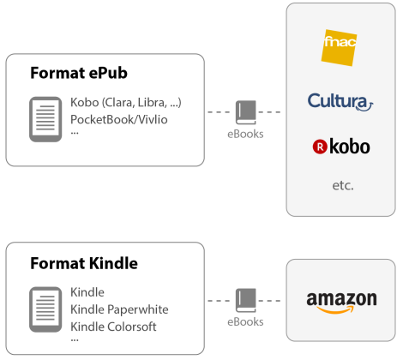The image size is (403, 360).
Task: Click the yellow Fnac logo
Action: coord(339,47)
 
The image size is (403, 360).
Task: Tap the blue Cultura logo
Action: coord(340,102)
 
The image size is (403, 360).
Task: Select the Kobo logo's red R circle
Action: coord(320,147)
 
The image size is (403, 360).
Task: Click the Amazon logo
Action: coord(341,303)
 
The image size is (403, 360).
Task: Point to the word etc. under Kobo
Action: coord(343,186)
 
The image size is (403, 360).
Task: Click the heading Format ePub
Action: coord(79,73)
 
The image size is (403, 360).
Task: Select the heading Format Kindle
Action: coord(84,263)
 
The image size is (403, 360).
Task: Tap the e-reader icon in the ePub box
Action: coord(45,119)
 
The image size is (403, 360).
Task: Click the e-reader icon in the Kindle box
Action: coord(45,309)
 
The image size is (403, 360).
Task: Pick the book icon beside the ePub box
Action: coord(246,112)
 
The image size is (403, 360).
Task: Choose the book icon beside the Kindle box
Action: coord(246,300)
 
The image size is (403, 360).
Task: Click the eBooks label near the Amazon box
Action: coord(245,322)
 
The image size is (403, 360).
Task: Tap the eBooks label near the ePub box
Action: coord(245,134)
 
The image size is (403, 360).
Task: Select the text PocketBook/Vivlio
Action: coord(119,119)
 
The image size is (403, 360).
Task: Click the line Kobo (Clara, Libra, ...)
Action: coord(126,103)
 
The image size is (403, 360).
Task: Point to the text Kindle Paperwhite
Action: coord(119,309)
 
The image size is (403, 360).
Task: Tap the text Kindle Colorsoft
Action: coord(113,327)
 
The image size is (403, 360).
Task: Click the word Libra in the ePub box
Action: coord(152,103)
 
